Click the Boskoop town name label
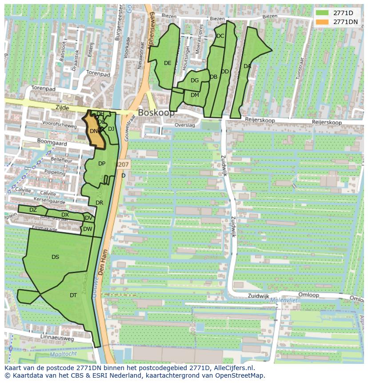(x=156, y=113)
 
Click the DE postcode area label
(x=168, y=63)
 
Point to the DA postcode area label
(x=248, y=66)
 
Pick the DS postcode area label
(x=55, y=257)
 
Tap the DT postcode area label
(x=73, y=295)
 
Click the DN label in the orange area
(x=93, y=131)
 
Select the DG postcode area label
(x=195, y=81)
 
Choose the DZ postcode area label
(x=33, y=210)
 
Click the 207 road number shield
(x=123, y=165)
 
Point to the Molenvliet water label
(x=285, y=300)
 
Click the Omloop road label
(x=309, y=294)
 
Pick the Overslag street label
(x=185, y=125)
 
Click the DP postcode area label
(x=102, y=164)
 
